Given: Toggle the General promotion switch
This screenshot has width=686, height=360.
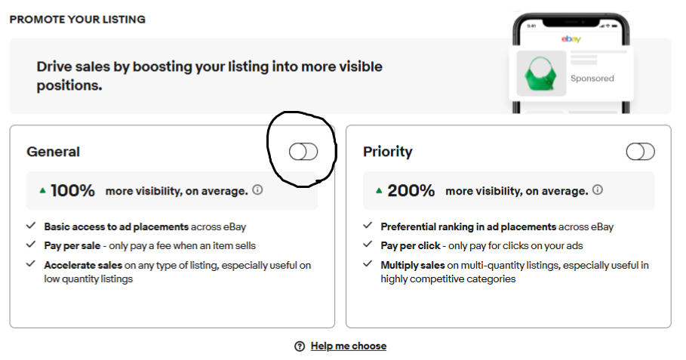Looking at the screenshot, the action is (x=303, y=152).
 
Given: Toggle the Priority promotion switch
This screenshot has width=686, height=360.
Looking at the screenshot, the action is (x=640, y=152).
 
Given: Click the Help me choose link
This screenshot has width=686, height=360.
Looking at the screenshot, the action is (x=348, y=346).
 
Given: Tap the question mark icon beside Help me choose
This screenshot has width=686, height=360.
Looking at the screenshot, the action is (x=300, y=346).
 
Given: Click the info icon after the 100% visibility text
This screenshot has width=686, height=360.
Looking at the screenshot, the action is (x=257, y=189).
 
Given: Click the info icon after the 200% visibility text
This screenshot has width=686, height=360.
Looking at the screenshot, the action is (x=598, y=189).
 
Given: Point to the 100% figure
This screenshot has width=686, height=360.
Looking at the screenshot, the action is (x=72, y=191).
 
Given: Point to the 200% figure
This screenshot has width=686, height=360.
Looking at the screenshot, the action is (x=411, y=191).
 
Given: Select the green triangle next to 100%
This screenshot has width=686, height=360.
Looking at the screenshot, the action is (x=42, y=190).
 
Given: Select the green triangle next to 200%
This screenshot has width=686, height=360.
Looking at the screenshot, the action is (x=379, y=190).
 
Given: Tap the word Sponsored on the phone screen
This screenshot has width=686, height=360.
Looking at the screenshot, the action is (x=592, y=78).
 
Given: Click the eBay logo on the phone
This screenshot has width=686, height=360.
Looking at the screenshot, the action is (x=571, y=39).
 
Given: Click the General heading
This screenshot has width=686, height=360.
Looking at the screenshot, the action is (x=53, y=152).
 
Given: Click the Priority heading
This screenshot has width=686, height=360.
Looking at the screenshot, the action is (x=388, y=152).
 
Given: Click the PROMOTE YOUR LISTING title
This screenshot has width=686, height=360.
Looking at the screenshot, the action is (x=78, y=20).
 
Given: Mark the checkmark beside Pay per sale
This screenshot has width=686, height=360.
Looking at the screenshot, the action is (x=31, y=244).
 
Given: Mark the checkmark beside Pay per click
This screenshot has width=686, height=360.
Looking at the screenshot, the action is (x=368, y=244).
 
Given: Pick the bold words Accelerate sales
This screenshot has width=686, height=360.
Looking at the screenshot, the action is (x=83, y=265).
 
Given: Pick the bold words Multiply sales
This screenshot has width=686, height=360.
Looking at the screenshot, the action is (x=413, y=265).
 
